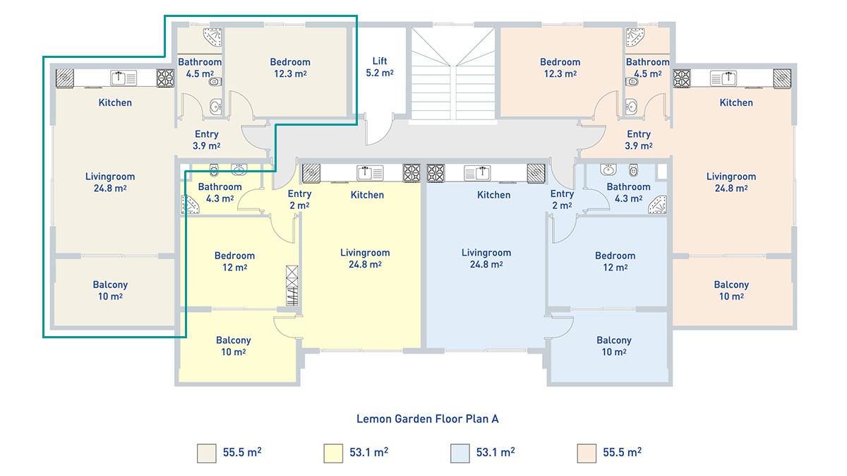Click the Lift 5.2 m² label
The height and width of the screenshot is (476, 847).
click(380, 66)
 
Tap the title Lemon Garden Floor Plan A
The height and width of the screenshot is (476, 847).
click(427, 419)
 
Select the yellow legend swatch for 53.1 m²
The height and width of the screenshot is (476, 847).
click(333, 453)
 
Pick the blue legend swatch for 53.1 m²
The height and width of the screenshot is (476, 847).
click(459, 453)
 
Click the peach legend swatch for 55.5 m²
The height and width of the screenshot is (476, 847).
click(587, 453)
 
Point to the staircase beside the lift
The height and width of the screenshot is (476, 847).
click(452, 74)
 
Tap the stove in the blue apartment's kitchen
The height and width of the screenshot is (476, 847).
click(435, 173)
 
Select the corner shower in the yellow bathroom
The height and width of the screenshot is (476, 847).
click(189, 204)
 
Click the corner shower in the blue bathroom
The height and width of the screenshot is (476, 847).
click(658, 204)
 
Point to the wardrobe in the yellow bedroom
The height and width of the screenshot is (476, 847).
click(292, 285)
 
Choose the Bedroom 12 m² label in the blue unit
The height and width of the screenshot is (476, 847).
click(615, 261)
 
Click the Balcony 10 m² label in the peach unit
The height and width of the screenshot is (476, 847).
click(731, 290)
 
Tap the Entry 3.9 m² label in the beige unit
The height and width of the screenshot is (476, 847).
click(206, 140)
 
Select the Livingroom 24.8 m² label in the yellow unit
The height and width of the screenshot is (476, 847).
click(365, 258)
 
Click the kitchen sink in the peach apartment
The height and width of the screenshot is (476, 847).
click(723, 78)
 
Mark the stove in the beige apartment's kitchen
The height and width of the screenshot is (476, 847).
click(166, 78)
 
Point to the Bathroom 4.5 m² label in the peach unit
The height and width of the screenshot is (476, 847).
click(648, 68)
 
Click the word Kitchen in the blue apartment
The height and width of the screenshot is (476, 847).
click(493, 195)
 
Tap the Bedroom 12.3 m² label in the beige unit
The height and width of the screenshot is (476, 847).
click(290, 68)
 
